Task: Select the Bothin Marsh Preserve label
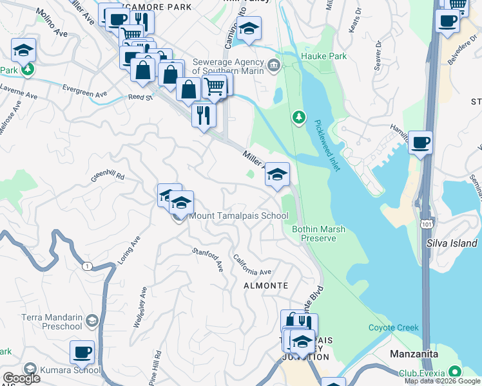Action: [314, 233]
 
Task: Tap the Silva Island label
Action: [452, 243]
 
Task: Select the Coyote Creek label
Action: [393, 327]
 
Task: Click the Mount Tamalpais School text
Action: [238, 216]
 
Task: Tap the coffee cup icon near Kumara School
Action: [82, 352]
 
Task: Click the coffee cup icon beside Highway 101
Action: [420, 142]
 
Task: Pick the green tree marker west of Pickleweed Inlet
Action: [298, 117]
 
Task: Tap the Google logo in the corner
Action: [21, 378]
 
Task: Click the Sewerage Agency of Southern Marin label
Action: [229, 66]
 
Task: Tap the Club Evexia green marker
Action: [456, 372]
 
